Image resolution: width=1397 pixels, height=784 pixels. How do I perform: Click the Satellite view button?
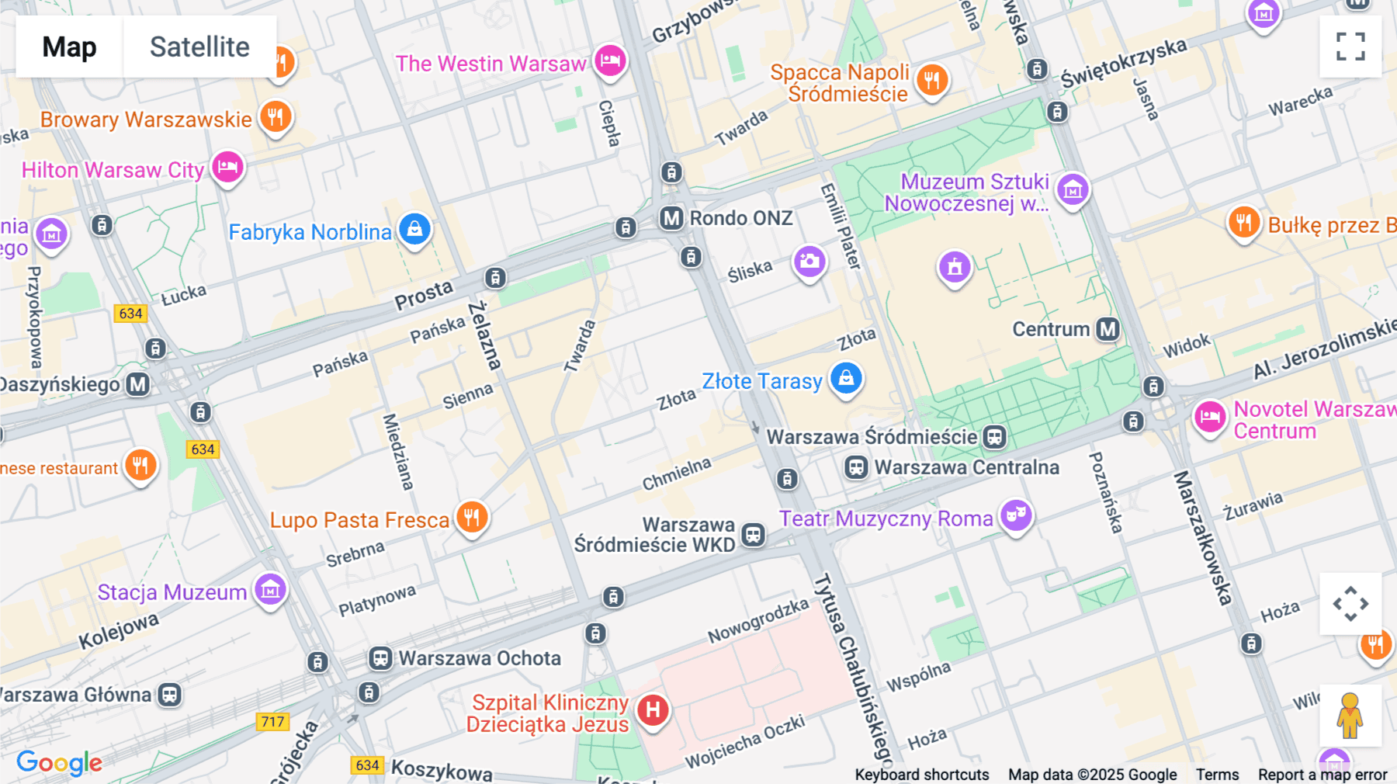199,47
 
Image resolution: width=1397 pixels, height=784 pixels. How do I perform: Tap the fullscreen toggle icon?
1350,47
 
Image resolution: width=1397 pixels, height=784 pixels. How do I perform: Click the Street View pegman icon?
1350,715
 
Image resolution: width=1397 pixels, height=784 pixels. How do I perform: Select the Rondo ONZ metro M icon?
671,218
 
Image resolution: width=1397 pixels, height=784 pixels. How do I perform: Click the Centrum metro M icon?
1108,329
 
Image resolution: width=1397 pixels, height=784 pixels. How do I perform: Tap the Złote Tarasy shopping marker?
846,379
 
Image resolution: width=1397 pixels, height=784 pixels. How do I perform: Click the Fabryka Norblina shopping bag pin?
414,230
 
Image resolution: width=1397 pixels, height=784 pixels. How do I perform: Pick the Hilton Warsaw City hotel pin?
227,168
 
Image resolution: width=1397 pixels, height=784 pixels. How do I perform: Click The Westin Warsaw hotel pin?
610,61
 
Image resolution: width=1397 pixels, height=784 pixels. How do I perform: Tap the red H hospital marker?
653,709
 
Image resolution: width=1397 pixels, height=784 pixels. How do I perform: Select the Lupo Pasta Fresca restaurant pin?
471,517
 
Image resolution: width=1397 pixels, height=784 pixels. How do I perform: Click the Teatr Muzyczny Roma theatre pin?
1015,515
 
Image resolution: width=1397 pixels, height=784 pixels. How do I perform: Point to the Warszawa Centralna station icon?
856,467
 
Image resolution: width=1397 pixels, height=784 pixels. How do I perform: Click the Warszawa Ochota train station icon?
380,658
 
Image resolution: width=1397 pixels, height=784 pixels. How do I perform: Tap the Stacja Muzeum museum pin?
270,590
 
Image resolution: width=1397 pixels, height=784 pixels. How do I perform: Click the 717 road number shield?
272,721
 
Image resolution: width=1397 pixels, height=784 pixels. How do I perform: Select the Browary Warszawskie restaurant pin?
275,117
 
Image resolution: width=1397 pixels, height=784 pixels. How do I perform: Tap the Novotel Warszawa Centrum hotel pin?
1209,418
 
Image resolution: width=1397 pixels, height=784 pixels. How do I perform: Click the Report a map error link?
1322,774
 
